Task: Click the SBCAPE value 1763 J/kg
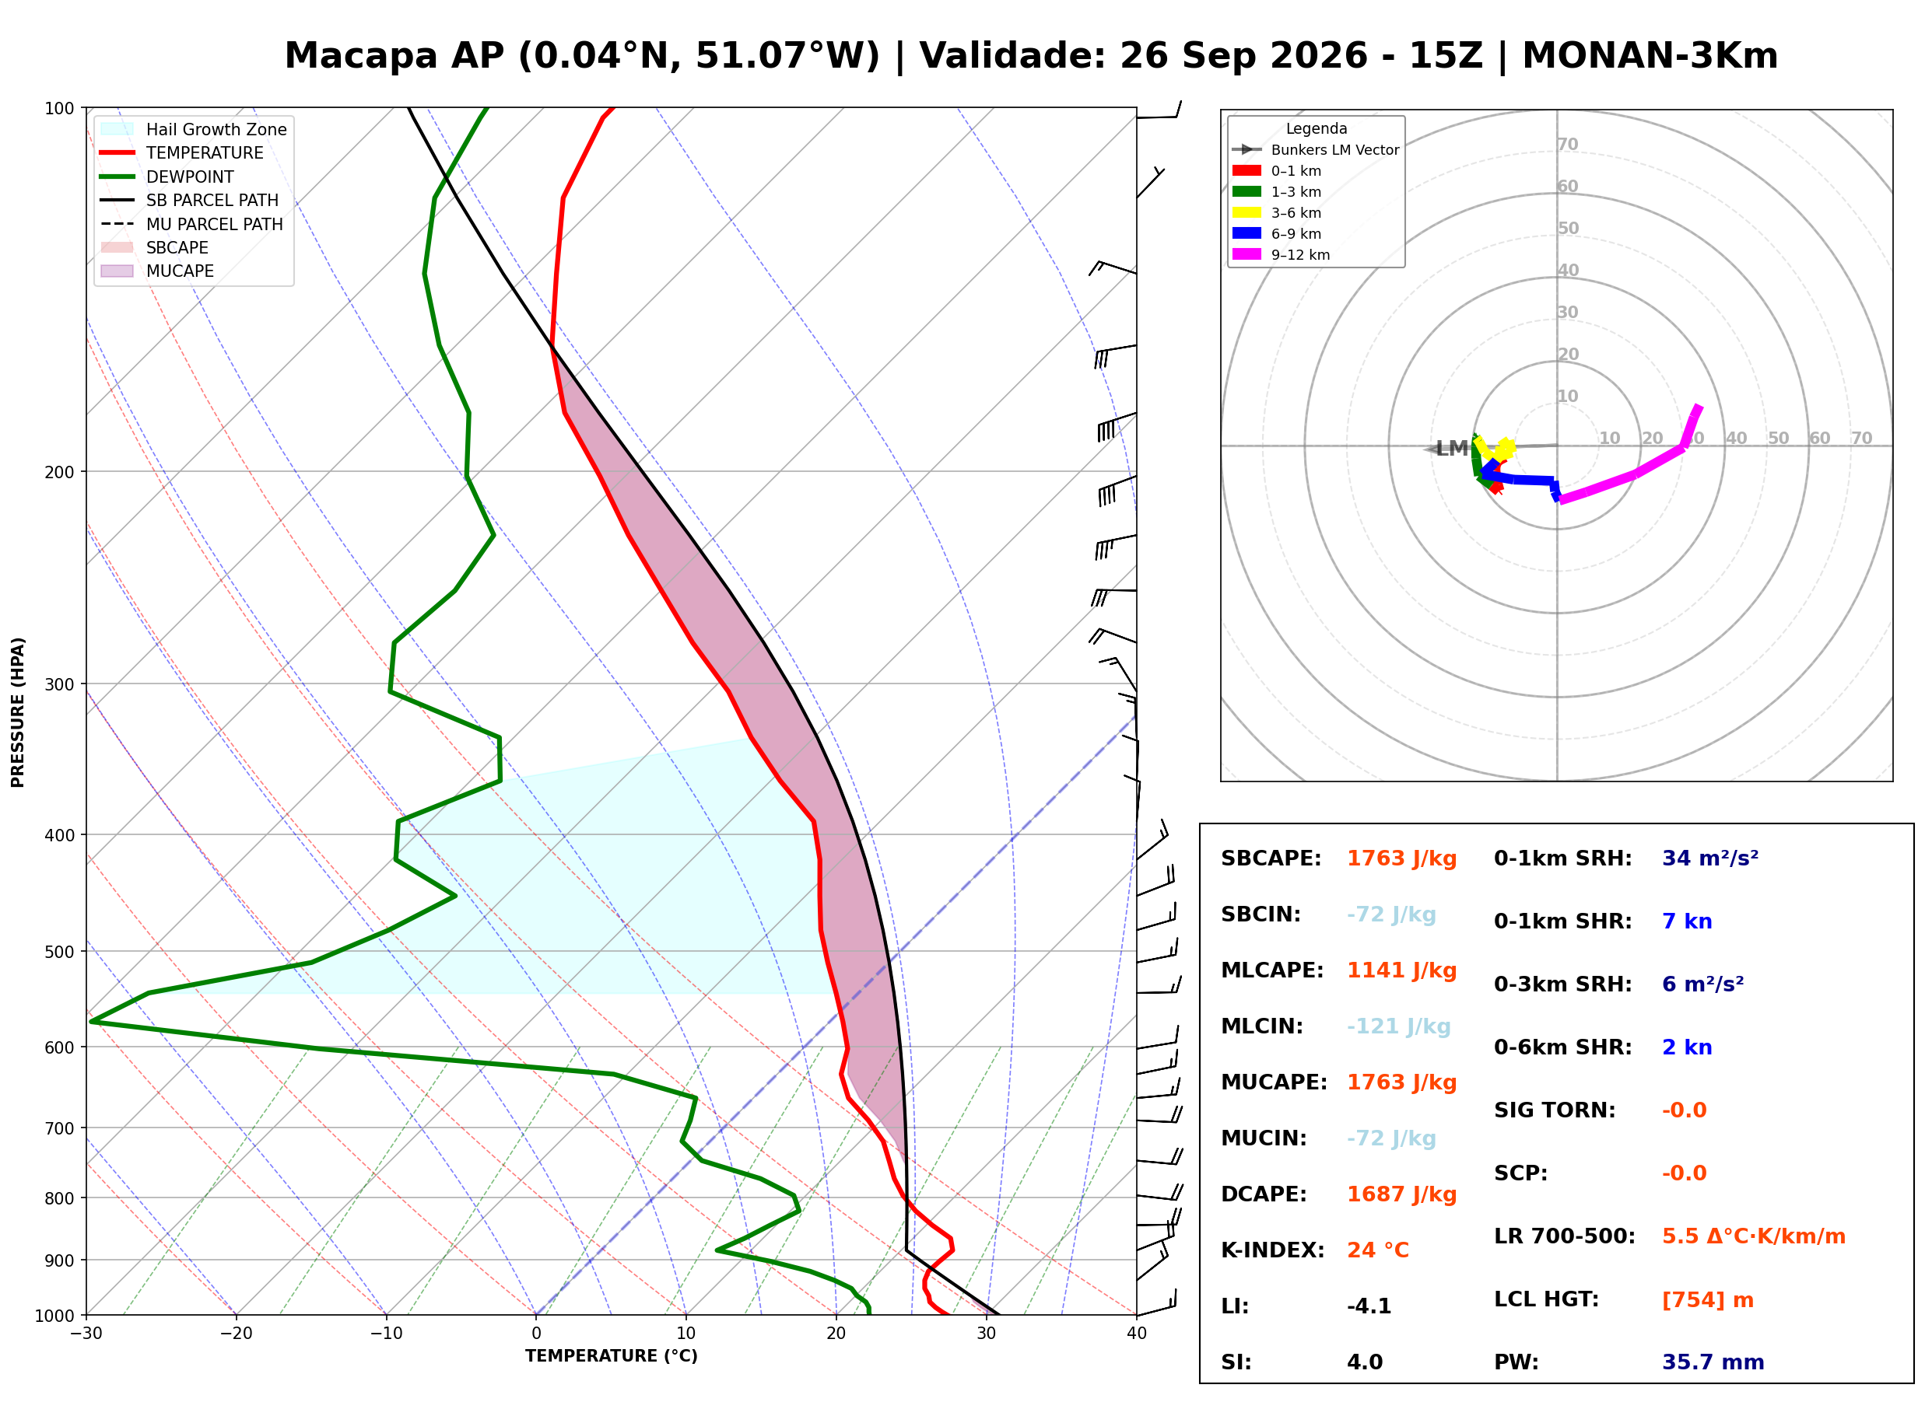tap(1401, 858)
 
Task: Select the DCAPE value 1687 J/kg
tap(1401, 1194)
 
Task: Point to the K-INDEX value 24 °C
tap(1378, 1250)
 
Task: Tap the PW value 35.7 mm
tap(1713, 1362)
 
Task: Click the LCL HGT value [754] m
tap(1708, 1300)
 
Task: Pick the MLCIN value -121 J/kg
tap(1398, 1026)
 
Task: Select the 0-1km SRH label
tap(1563, 858)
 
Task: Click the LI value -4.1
tap(1369, 1306)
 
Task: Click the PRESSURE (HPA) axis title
tap(18, 712)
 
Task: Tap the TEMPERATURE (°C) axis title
tap(612, 1357)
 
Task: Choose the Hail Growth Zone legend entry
tap(194, 129)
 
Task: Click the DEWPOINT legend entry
tap(167, 177)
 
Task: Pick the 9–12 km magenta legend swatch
tap(1246, 254)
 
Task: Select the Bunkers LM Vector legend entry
tap(1315, 150)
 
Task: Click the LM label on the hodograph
tap(1452, 448)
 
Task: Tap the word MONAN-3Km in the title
tap(1650, 56)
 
